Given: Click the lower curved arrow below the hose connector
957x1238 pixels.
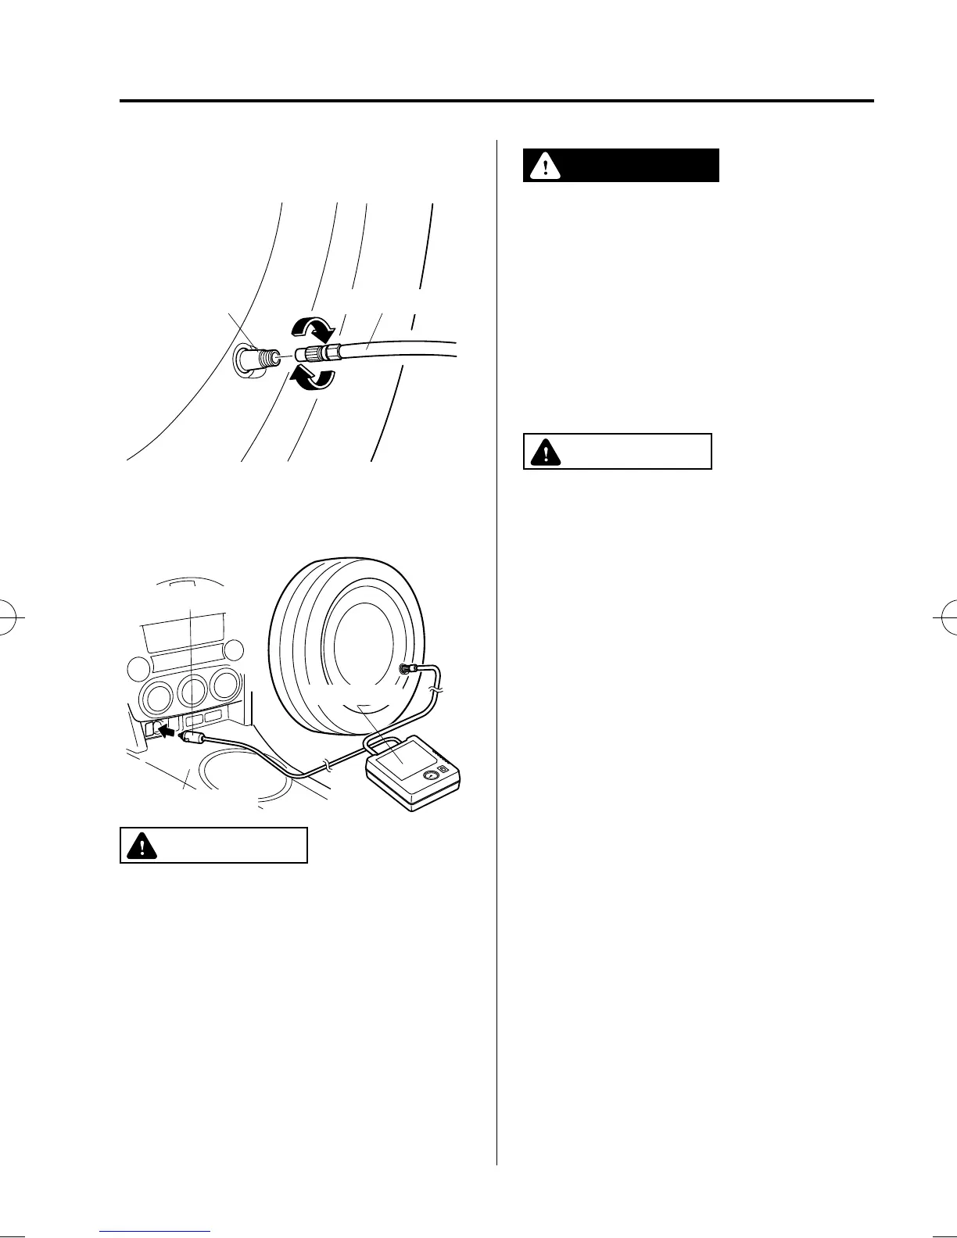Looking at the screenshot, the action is click(312, 377).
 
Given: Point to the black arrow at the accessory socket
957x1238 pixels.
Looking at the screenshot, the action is click(166, 729).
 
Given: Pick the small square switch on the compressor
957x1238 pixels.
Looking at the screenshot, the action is click(444, 771).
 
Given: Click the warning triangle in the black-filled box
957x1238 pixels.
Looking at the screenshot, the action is click(544, 166).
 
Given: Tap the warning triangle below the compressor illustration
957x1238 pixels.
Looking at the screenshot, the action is click(141, 846).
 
